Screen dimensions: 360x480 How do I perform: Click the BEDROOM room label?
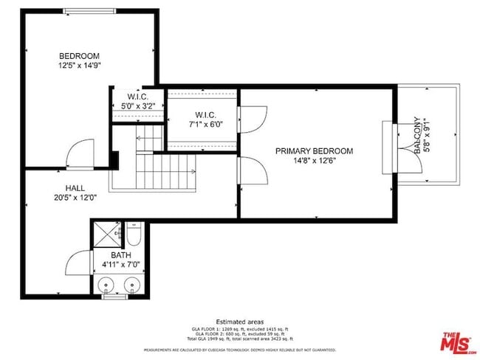pyautogui.click(x=79, y=56)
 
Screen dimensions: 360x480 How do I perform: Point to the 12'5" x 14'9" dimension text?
pyautogui.click(x=79, y=66)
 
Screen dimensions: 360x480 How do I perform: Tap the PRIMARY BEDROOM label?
pyautogui.click(x=314, y=151)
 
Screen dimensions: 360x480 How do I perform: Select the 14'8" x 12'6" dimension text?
pyautogui.click(x=314, y=161)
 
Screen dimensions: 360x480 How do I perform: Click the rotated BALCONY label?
pyautogui.click(x=417, y=134)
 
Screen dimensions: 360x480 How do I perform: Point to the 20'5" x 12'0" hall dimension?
pyautogui.click(x=75, y=198)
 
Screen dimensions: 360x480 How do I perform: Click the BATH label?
pyautogui.click(x=121, y=255)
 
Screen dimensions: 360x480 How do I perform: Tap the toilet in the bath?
pyautogui.click(x=134, y=236)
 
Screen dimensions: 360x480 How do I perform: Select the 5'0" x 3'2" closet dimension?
pyautogui.click(x=138, y=106)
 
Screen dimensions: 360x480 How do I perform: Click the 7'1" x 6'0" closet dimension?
pyautogui.click(x=204, y=124)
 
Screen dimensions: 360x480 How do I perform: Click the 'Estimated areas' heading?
pyautogui.click(x=240, y=322)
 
